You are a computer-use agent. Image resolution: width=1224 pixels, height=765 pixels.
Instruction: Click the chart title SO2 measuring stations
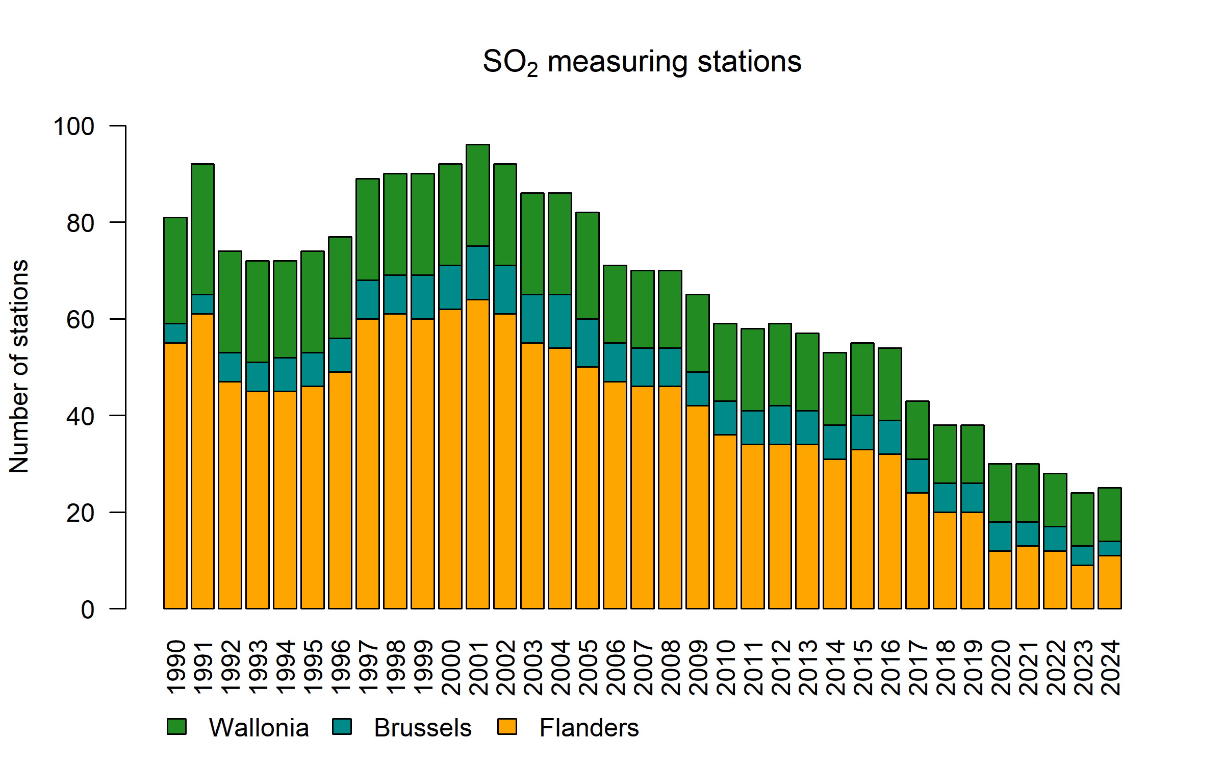tap(642, 62)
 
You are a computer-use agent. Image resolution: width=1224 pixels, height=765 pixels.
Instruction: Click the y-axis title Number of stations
tap(19, 367)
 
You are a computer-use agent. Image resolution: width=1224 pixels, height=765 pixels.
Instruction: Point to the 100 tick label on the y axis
tap(74, 126)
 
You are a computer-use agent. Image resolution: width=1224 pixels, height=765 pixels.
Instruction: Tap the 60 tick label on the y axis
tap(81, 320)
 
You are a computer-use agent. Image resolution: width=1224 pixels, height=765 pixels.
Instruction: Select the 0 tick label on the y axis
tap(88, 609)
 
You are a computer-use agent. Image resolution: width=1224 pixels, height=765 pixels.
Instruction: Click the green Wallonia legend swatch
tap(176, 726)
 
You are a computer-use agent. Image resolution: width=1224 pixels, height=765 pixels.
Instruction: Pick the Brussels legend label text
tap(422, 728)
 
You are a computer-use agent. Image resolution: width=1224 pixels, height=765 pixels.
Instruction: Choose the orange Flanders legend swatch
tap(507, 726)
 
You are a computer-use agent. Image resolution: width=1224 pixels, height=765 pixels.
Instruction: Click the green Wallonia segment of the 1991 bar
tap(202, 229)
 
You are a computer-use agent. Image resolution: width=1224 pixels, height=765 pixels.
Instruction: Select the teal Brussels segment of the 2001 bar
tap(478, 273)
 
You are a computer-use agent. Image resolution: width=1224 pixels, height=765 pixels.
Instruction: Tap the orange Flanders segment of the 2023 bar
tap(1082, 586)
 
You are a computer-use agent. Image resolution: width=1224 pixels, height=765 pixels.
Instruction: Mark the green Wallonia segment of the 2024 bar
tap(1110, 515)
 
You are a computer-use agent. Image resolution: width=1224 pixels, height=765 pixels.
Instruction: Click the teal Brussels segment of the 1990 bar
tap(175, 333)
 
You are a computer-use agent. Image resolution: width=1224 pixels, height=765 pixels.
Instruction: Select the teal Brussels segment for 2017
tap(917, 476)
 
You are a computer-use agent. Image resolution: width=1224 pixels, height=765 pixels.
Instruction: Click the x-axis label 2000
tap(451, 668)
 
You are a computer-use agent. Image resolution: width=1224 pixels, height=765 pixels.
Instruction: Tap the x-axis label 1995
tap(313, 668)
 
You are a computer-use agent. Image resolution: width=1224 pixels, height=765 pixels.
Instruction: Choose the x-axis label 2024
tap(1110, 668)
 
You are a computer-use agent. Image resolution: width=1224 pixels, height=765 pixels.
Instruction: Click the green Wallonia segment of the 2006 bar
tap(615, 304)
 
